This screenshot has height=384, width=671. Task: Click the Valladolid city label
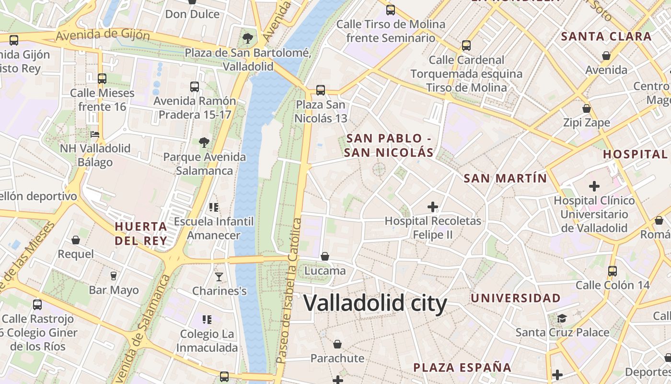375,303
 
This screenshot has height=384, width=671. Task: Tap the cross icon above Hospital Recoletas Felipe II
433,207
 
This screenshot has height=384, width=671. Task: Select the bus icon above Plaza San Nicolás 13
321,90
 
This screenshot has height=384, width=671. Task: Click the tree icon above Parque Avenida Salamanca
204,143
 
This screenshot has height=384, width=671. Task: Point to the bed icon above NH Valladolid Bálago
95,134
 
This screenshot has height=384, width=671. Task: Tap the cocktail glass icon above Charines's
219,276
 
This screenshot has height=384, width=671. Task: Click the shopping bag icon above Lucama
325,256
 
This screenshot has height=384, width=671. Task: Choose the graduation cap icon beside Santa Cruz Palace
562,318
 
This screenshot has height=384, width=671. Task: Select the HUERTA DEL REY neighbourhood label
141,233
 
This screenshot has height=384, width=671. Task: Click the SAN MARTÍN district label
505,179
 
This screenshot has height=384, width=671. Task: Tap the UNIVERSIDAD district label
515,298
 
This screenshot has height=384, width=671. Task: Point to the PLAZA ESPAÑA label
462,368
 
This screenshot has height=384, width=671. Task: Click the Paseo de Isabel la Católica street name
289,290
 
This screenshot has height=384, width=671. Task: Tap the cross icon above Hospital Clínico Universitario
594,186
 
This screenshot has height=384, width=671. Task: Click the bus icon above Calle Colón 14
613,271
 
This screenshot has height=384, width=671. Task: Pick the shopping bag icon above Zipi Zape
587,108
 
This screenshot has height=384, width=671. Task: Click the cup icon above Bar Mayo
114,276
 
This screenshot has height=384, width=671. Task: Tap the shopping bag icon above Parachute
337,344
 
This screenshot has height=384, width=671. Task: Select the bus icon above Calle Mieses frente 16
102,78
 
